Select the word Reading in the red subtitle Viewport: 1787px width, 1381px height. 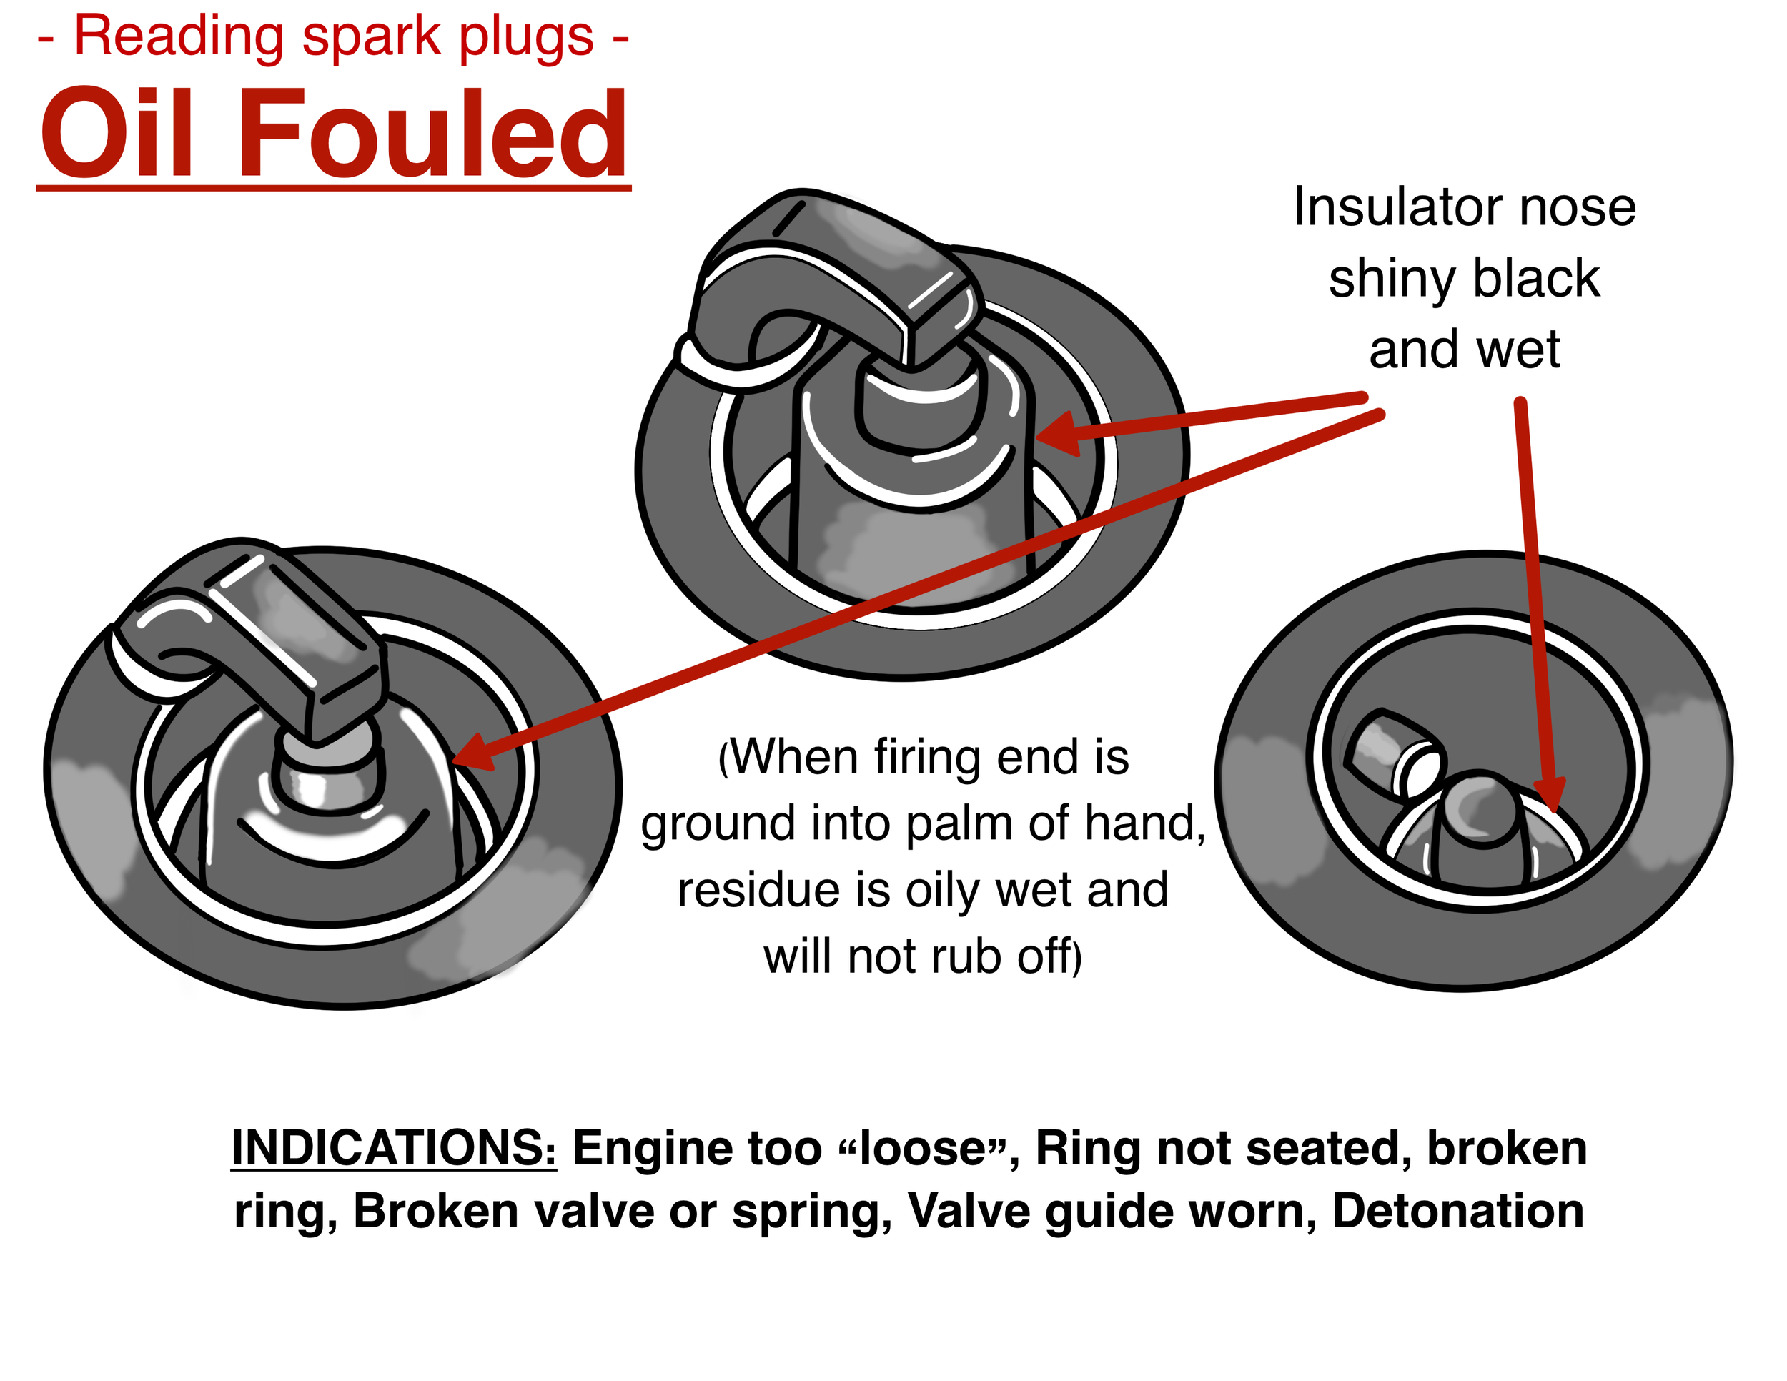pyautogui.click(x=179, y=37)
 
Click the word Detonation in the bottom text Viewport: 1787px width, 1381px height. pyautogui.click(x=1457, y=1211)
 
